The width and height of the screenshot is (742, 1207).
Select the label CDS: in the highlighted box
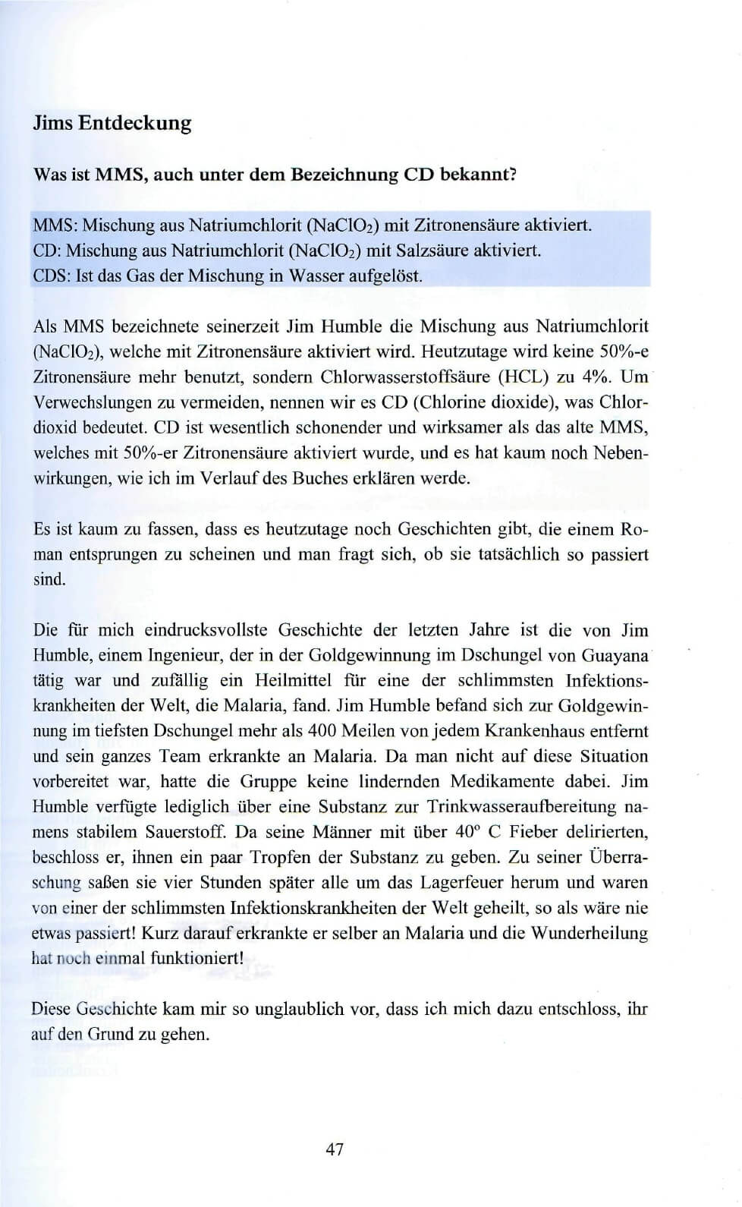52,275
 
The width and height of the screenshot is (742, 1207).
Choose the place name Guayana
615,655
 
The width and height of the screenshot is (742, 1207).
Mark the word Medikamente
503,781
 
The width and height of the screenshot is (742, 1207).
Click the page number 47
335,1149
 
